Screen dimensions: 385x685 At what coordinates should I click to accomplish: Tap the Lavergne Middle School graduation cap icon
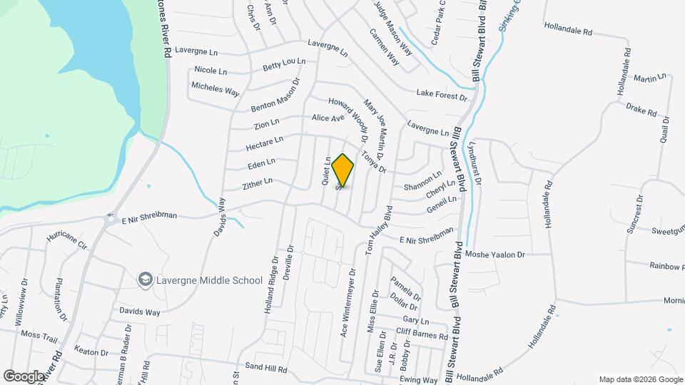[x=146, y=279]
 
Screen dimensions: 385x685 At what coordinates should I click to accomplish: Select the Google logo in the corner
[x=23, y=376]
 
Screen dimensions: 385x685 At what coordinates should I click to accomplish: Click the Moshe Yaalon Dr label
[x=494, y=254]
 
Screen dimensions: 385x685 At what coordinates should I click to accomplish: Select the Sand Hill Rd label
[x=265, y=370]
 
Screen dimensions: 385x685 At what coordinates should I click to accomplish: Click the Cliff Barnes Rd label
[x=422, y=334]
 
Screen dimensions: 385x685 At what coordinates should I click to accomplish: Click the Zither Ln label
[x=258, y=183]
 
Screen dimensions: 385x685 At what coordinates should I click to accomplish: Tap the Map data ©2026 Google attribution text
[x=640, y=379]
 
